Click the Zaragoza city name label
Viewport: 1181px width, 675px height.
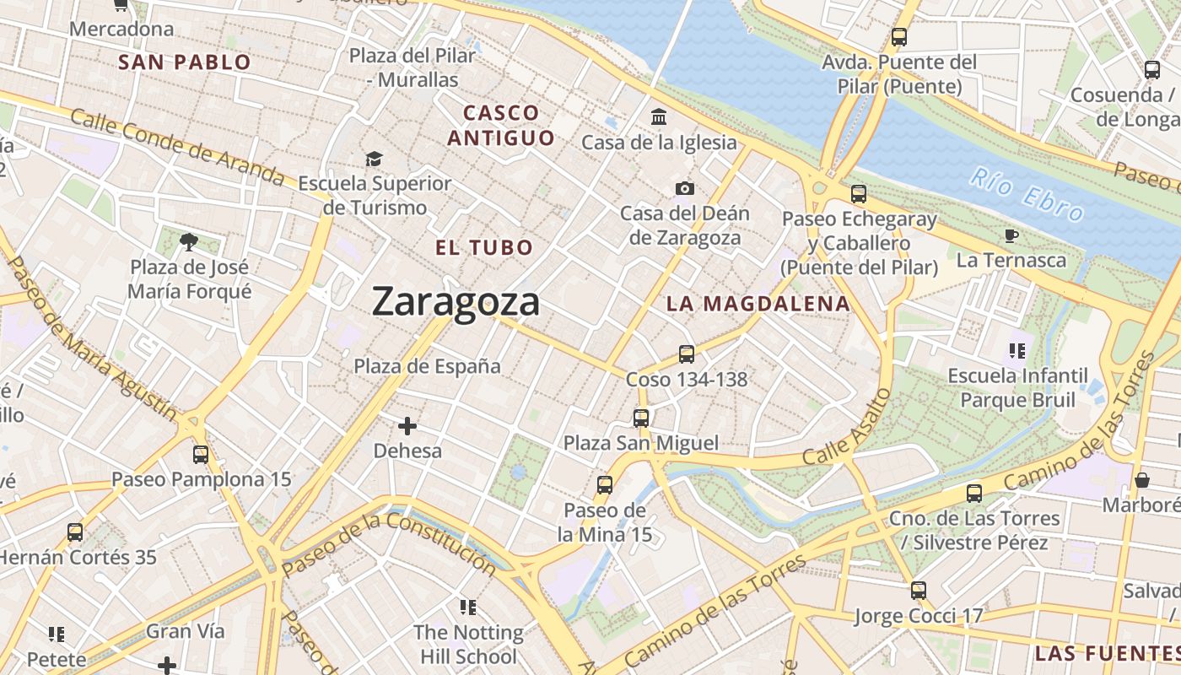(456, 302)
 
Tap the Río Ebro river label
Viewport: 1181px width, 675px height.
(1026, 195)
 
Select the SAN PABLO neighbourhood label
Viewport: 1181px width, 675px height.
(185, 62)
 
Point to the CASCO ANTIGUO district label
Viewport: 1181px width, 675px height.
(501, 125)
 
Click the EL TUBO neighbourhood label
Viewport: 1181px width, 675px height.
(484, 247)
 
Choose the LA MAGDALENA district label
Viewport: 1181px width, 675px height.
(758, 304)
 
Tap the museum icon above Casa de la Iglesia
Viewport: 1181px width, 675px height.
(659, 116)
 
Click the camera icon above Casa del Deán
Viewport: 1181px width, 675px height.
(684, 188)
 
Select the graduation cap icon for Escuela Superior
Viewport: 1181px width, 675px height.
(374, 159)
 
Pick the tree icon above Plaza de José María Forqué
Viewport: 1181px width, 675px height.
(189, 242)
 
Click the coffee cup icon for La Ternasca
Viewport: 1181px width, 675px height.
(1011, 235)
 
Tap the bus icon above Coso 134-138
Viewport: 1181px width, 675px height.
(687, 354)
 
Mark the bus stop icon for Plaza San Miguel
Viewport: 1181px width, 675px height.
(641, 418)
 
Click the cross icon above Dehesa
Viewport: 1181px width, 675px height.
(407, 426)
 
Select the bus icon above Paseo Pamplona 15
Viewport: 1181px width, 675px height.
(201, 455)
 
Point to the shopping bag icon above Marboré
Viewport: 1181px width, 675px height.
(1142, 480)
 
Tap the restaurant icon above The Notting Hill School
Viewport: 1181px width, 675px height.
(468, 607)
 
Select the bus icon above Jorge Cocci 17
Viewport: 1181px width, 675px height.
(919, 591)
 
